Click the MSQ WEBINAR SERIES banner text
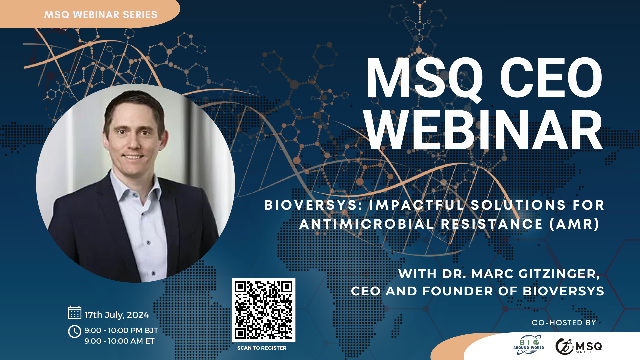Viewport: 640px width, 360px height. click(x=101, y=15)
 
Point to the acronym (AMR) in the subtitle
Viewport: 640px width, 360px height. click(x=574, y=224)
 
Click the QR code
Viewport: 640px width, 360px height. click(x=263, y=310)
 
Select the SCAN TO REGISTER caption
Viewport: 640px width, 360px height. click(x=262, y=348)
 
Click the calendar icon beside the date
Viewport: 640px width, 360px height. click(x=75, y=313)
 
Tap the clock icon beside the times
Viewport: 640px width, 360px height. click(x=75, y=332)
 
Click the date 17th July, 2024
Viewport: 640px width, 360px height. click(x=116, y=315)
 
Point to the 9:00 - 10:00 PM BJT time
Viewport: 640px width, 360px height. click(x=121, y=330)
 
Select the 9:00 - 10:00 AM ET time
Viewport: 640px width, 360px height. click(x=119, y=341)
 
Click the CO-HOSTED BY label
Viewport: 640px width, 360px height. click(x=564, y=323)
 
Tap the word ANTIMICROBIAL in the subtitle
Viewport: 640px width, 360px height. click(x=367, y=224)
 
